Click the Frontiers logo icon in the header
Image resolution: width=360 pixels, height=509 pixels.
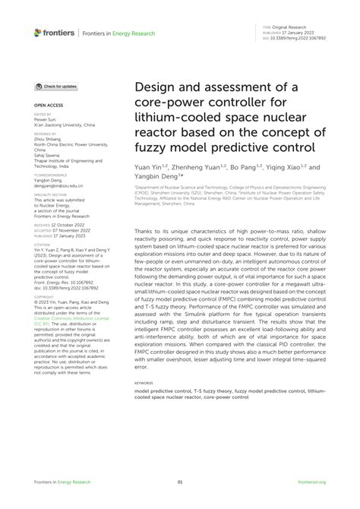click(x=38, y=33)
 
